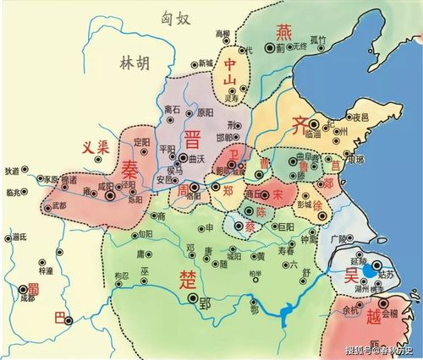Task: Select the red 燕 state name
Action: point(282,33)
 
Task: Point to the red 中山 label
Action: point(232,74)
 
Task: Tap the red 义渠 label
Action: point(97,145)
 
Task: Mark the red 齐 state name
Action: point(302,126)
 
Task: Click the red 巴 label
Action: point(58,318)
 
